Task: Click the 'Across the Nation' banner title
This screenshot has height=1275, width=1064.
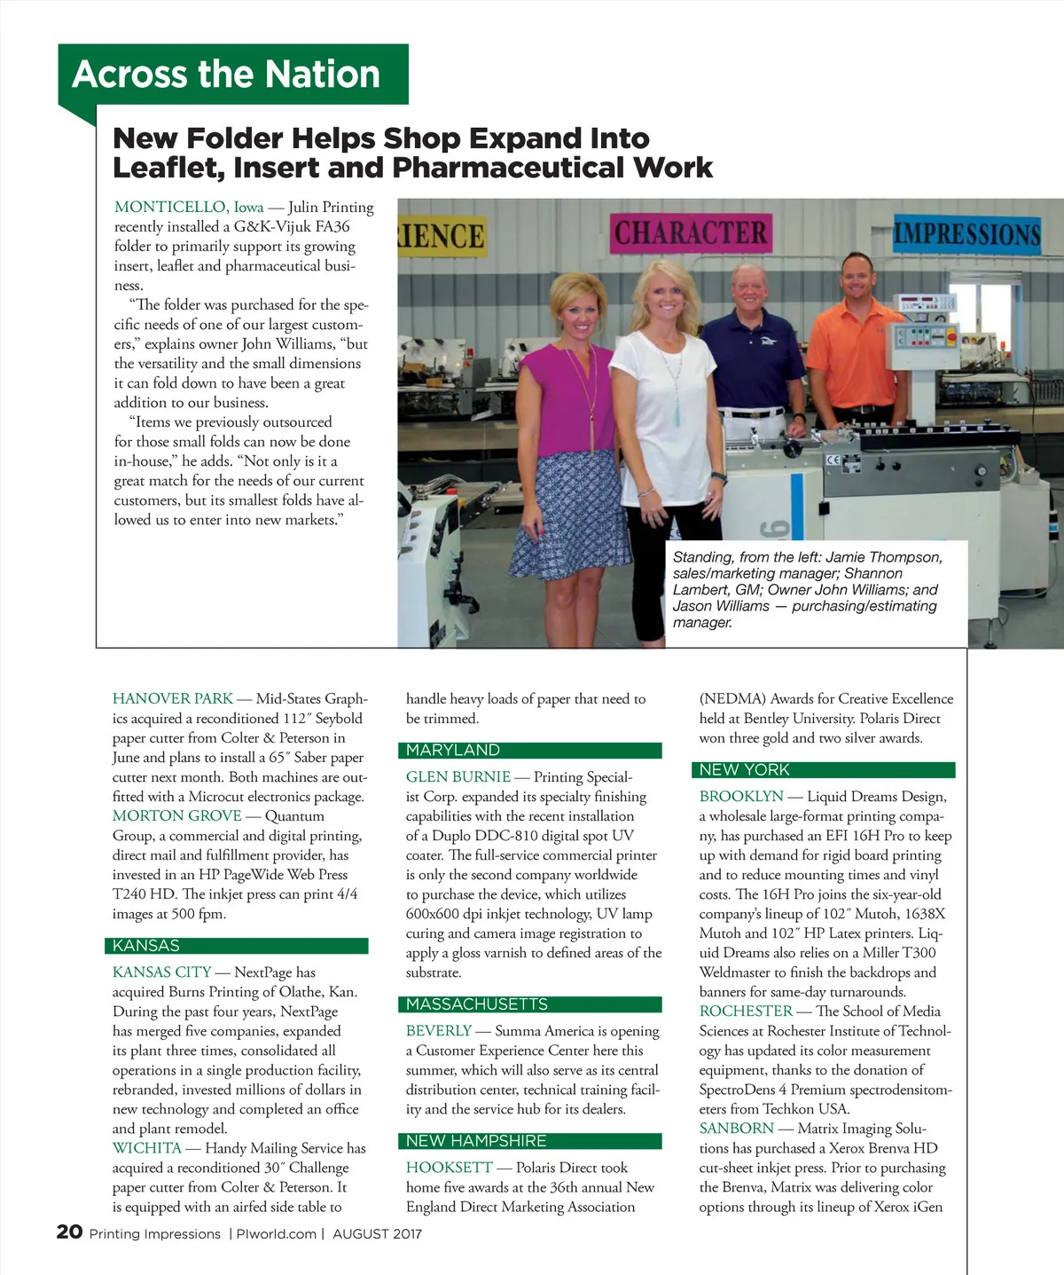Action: tap(226, 75)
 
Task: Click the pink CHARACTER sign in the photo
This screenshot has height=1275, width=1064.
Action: tap(691, 233)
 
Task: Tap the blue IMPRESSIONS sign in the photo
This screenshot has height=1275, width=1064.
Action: tap(966, 234)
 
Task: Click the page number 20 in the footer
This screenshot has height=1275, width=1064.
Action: tap(69, 1232)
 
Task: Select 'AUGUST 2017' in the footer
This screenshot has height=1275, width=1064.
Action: tap(377, 1234)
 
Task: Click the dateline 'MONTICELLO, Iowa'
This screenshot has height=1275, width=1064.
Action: tap(189, 208)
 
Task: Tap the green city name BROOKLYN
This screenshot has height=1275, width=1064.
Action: tap(741, 797)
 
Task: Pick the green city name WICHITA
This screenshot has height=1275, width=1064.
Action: tap(147, 1148)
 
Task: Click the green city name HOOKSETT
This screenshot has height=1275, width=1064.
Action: tap(449, 1168)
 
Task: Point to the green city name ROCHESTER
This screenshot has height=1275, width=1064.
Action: tap(746, 1011)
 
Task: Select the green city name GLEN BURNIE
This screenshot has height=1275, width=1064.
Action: tap(458, 777)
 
